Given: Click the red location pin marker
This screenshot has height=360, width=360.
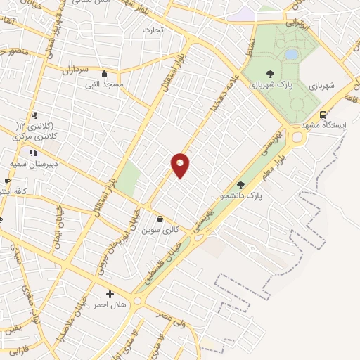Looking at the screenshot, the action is (181, 165).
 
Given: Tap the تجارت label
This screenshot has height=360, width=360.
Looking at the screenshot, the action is (153, 30).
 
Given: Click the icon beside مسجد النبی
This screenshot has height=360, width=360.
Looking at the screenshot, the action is (105, 74).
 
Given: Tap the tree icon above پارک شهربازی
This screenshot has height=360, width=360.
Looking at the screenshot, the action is (270, 73).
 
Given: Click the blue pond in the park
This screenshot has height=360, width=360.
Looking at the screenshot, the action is (290, 54).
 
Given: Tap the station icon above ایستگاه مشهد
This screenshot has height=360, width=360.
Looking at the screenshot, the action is (323, 115).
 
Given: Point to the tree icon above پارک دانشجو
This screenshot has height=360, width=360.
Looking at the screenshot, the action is (241, 185).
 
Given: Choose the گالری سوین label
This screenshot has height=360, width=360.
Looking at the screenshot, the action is (161, 230).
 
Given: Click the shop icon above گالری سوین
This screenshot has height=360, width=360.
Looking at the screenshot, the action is (160, 219).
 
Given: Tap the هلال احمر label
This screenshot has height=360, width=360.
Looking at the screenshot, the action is (110, 304).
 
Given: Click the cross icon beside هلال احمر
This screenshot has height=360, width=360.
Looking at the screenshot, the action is (110, 294).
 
